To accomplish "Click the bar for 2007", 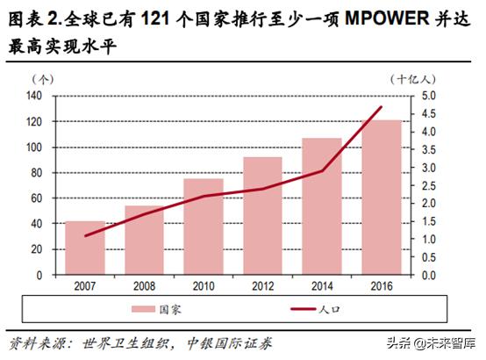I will click(x=86, y=248).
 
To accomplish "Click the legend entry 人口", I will click(x=331, y=309).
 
